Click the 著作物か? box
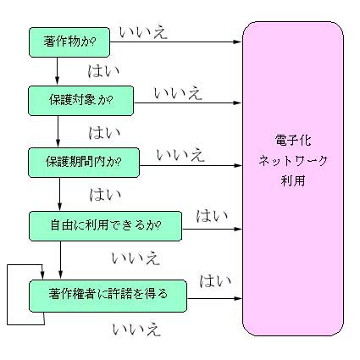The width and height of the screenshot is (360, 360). point(69,42)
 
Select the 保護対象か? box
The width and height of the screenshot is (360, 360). point(81,101)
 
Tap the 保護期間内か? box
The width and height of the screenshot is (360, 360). point(84,163)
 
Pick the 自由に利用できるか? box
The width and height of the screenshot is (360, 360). point(106,226)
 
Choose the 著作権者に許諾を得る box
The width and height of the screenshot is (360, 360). point(108,296)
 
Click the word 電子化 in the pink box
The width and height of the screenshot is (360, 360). point(293,141)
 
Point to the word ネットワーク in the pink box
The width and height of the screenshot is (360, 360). point(293,161)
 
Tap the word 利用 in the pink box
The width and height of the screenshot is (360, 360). point(293,180)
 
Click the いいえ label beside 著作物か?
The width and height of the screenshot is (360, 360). point(143,32)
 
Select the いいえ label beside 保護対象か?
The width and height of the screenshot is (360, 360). point(179,93)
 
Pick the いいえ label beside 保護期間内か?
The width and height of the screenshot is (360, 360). point(180,155)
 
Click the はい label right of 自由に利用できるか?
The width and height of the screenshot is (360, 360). point(212,216)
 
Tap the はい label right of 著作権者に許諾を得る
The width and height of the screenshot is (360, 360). point(215,281)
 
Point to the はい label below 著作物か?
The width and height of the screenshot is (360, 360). point(104,71)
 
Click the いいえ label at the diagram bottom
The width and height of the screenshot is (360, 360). point(136,330)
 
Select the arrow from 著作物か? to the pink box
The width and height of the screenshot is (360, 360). point(176,42)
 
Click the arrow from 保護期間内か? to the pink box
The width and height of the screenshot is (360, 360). point(191,165)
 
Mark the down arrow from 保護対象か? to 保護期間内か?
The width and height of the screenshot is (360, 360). point(58,131)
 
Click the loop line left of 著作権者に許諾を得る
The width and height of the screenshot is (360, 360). point(7,295)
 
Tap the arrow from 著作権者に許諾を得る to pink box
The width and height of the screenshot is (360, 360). point(215,298)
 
